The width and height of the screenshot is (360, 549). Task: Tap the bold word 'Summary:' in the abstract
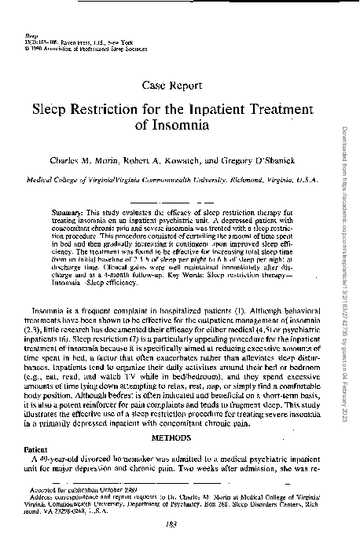click(72, 212)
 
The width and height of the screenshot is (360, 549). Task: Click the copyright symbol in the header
click(28, 48)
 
